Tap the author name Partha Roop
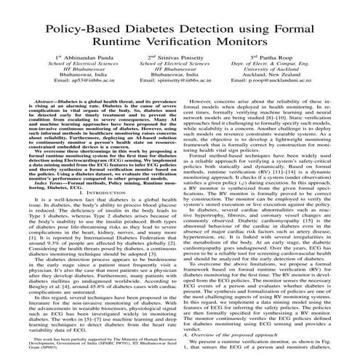tap(286, 55)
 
